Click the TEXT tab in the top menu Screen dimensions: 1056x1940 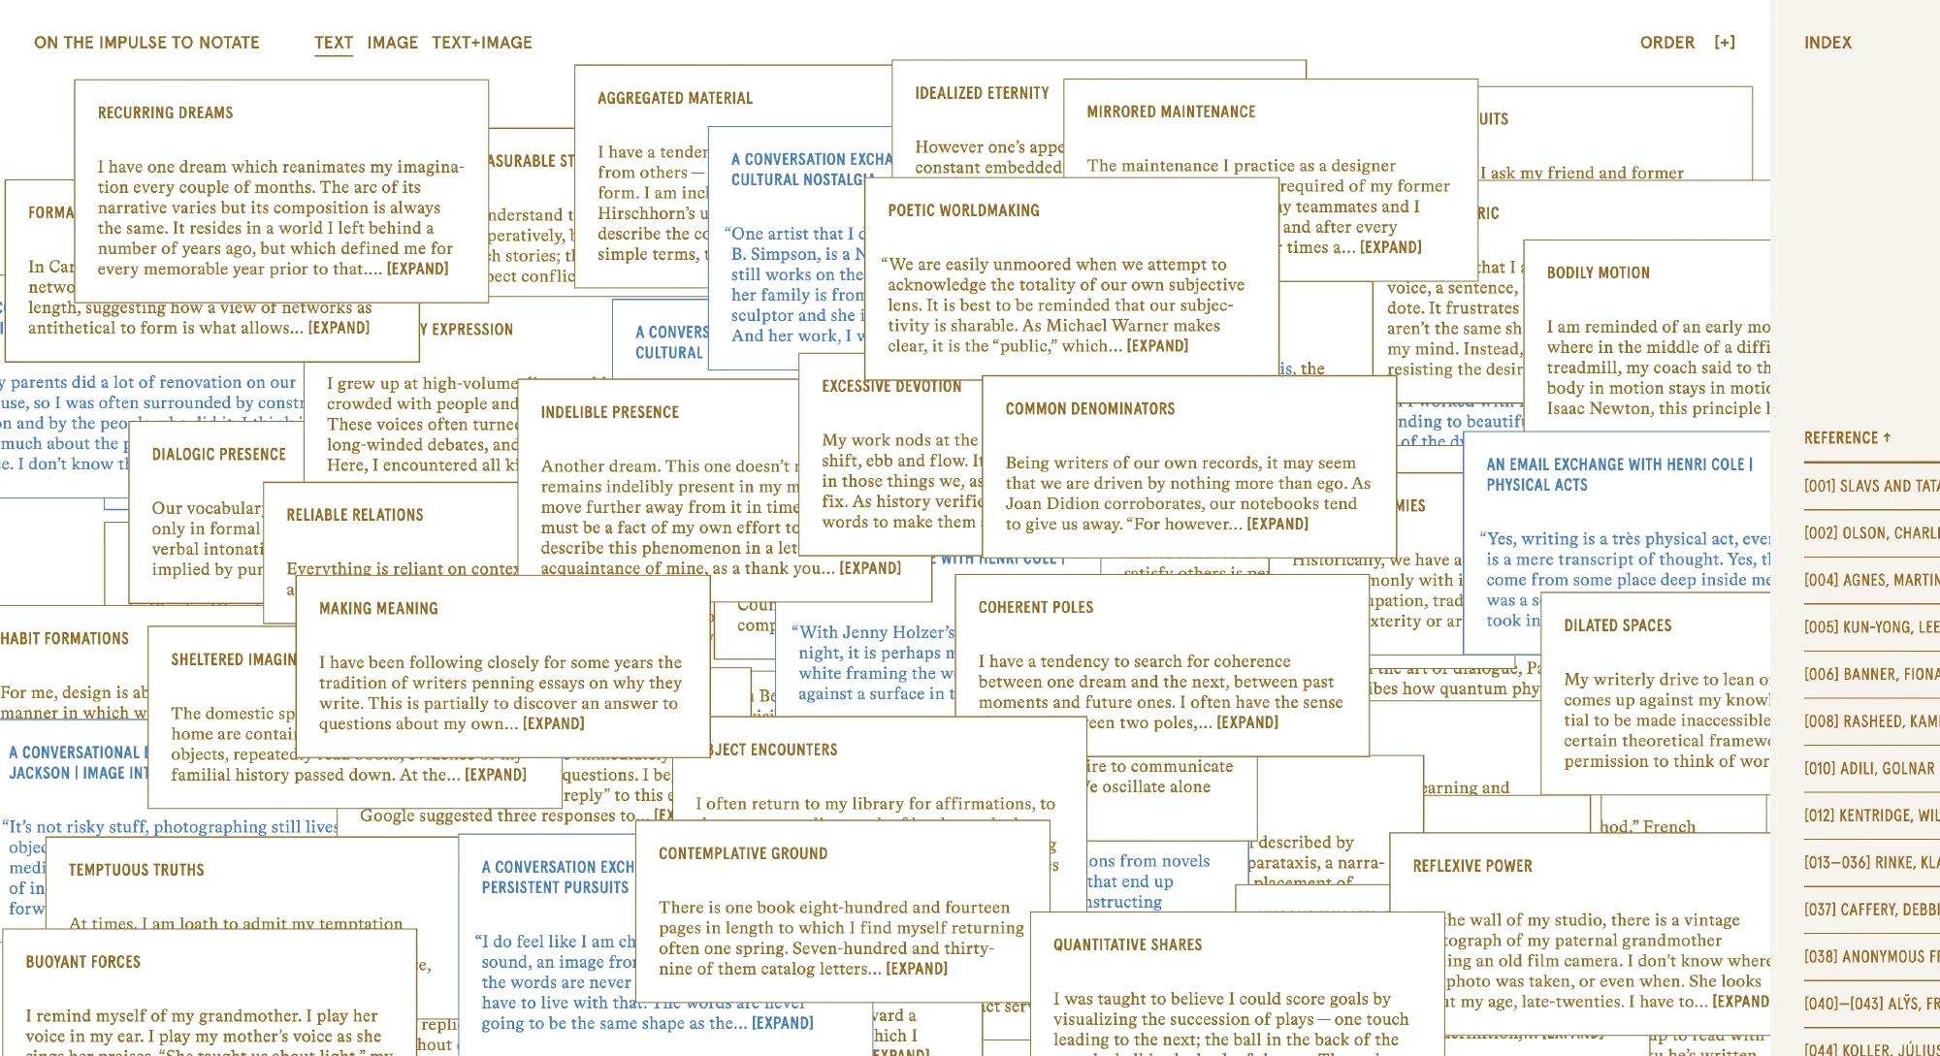click(x=333, y=43)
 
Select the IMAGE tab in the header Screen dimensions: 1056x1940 click(x=392, y=43)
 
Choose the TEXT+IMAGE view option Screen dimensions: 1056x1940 click(x=482, y=43)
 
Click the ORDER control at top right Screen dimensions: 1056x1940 click(x=1666, y=43)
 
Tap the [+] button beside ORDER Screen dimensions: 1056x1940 click(x=1725, y=43)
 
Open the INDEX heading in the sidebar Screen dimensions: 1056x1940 click(x=1827, y=43)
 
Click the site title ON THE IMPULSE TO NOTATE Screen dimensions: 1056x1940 click(x=146, y=43)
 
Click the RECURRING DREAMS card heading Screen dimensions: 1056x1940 click(x=165, y=112)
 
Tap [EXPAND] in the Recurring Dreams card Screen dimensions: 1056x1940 click(x=417, y=269)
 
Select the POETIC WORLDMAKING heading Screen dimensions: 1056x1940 click(x=963, y=210)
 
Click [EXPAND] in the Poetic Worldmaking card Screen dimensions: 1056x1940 click(x=1157, y=345)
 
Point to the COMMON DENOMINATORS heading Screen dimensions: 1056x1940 click(x=1089, y=409)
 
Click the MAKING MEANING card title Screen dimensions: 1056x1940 click(x=378, y=609)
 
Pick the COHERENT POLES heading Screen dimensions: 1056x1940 click(x=1035, y=607)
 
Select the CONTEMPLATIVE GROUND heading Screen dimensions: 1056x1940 click(x=743, y=853)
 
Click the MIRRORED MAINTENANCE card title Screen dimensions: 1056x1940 click(x=1171, y=112)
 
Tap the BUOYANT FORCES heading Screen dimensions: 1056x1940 click(x=82, y=962)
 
